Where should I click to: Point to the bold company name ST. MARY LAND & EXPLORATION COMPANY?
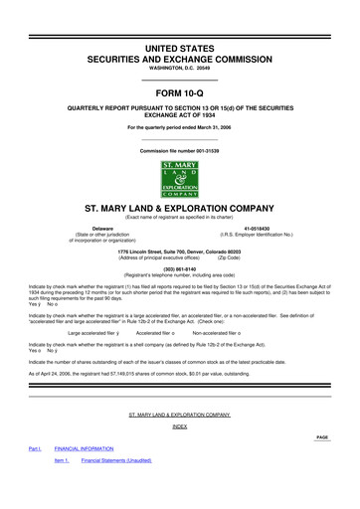coord(179,209)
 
